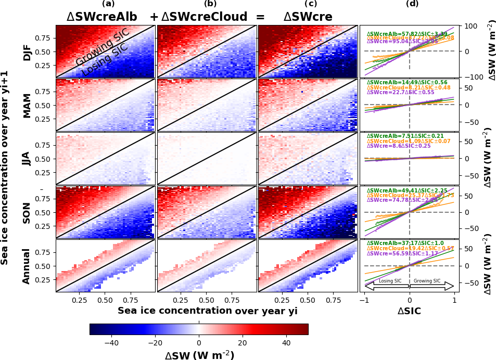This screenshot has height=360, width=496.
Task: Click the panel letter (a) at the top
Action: (108, 4)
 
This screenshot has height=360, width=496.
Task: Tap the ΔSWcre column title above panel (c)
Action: (308, 17)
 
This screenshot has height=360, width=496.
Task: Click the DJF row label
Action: (27, 51)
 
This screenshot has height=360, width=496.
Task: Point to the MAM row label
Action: (27, 105)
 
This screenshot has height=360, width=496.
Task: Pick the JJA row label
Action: (27, 158)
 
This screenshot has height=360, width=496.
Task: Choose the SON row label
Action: (27, 212)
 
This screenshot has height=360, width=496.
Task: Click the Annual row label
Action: (27, 265)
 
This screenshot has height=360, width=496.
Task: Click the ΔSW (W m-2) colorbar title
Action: (199, 355)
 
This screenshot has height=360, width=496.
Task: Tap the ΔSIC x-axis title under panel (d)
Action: (409, 311)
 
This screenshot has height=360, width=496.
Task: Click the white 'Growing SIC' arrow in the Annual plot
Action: (431, 285)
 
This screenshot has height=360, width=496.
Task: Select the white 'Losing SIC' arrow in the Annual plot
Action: (387, 285)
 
